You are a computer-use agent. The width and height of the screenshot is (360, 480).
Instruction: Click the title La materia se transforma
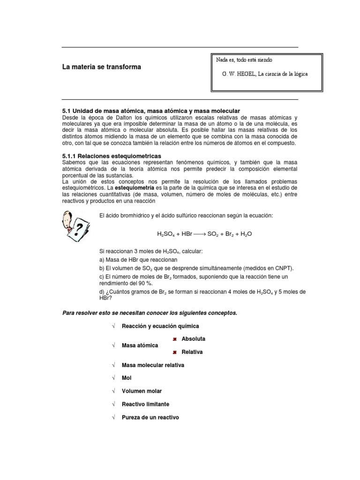[102, 67]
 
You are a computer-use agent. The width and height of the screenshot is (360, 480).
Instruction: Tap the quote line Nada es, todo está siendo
[244, 60]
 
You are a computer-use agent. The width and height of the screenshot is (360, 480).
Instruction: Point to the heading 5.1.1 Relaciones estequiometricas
[112, 155]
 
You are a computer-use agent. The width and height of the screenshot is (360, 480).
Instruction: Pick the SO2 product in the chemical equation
[215, 233]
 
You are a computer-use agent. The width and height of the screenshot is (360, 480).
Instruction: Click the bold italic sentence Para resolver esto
[150, 313]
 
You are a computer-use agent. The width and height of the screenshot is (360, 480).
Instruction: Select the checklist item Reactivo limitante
[145, 404]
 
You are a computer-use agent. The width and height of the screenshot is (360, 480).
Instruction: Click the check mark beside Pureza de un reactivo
[113, 417]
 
